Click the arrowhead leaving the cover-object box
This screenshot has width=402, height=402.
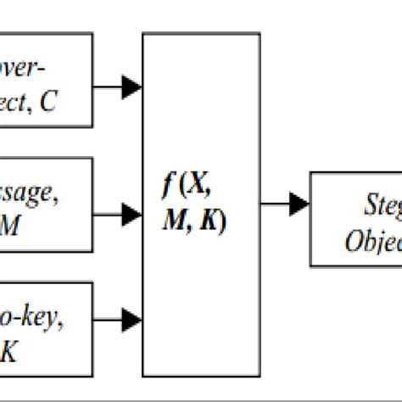coord(131,85)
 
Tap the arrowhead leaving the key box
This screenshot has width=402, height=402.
coord(131,320)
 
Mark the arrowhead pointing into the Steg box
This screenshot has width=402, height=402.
coord(299,204)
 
